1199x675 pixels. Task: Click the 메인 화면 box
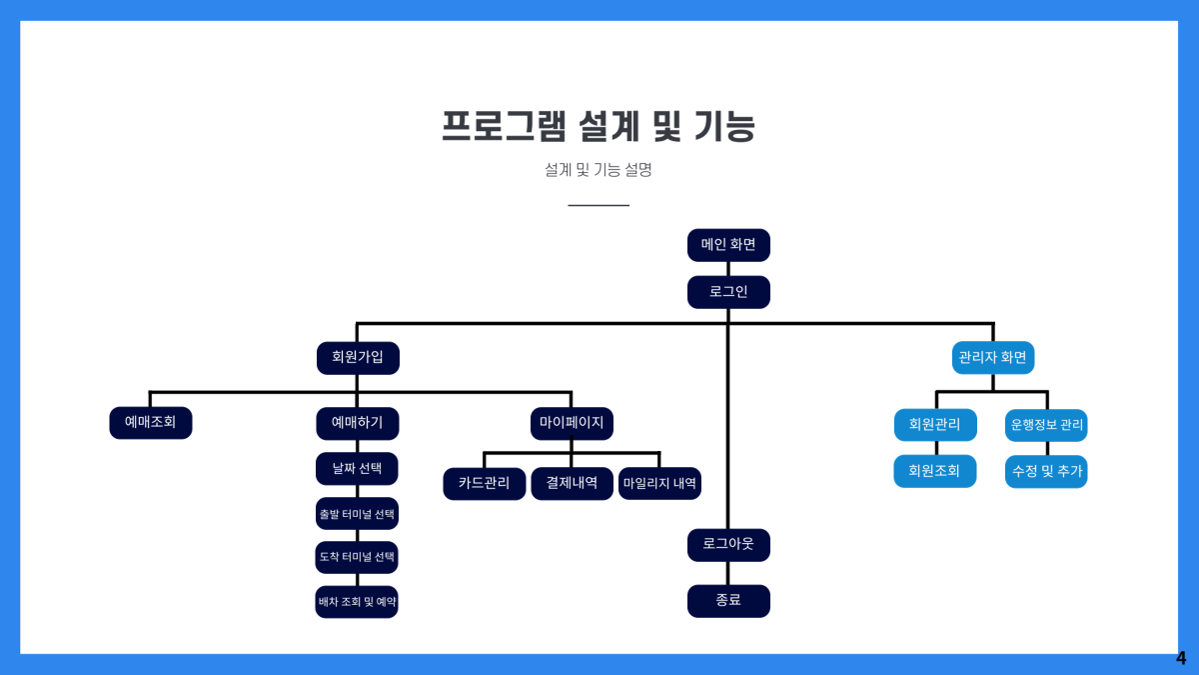tap(728, 245)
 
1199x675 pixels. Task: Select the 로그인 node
tap(728, 292)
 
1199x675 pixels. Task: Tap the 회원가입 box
tap(358, 358)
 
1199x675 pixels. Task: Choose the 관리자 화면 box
tap(992, 358)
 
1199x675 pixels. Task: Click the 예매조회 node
tap(150, 423)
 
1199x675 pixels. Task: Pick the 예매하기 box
tap(358, 423)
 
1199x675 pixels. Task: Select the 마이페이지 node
tap(571, 423)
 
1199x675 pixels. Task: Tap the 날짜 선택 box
tap(357, 468)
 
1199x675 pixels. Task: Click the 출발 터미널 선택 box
tap(357, 514)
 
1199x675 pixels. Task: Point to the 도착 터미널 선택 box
tap(357, 557)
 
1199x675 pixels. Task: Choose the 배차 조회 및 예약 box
tap(357, 602)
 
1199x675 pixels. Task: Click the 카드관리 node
tap(484, 483)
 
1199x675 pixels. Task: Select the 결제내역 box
tap(572, 483)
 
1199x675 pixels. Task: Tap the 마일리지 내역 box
tap(659, 483)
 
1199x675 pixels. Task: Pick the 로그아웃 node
tap(728, 545)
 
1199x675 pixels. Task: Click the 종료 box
tap(728, 601)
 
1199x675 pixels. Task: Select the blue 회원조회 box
tap(934, 471)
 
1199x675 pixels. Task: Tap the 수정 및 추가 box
tap(1046, 471)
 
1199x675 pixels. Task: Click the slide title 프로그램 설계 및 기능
tap(599, 127)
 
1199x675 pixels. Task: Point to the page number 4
tap(1181, 659)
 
